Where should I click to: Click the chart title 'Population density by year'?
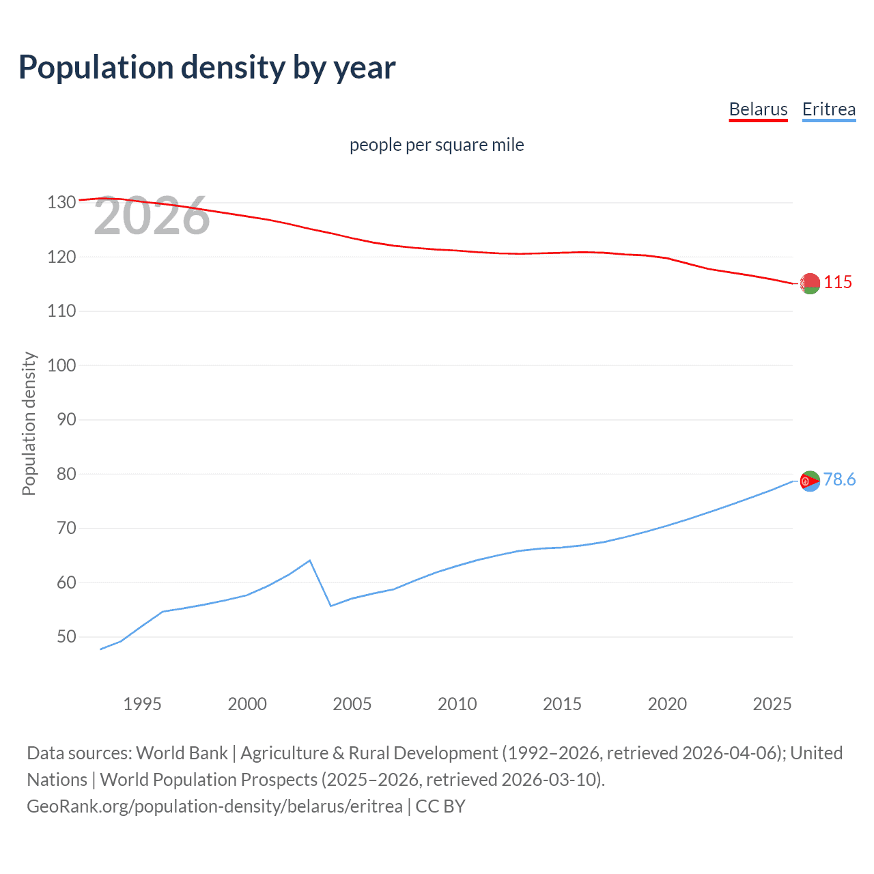(207, 68)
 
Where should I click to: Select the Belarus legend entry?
(758, 109)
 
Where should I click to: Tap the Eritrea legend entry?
(828, 109)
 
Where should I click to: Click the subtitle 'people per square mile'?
(436, 145)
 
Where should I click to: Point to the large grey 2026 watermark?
(152, 216)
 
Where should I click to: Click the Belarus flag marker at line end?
(810, 283)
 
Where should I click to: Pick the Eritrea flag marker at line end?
(810, 481)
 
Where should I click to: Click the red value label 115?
(838, 282)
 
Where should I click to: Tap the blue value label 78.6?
(839, 480)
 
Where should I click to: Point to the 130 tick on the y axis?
(61, 203)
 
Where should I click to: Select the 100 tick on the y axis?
(61, 365)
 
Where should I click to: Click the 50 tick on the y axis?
(66, 637)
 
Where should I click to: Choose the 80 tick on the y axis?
(66, 474)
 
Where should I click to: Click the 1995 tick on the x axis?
(142, 704)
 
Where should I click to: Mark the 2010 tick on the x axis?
(457, 704)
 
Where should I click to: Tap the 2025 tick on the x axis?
(772, 704)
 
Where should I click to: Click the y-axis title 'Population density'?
(29, 423)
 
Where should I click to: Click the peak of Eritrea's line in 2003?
(310, 561)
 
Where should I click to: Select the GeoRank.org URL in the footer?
(214, 806)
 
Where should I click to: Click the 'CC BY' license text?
(440, 806)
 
